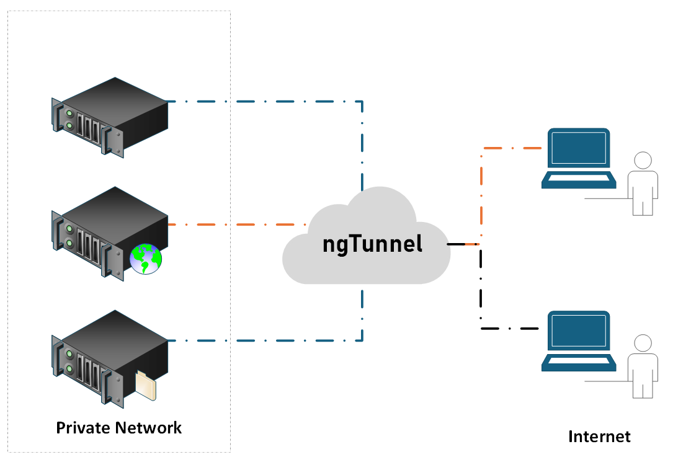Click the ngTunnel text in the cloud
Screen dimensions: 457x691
(372, 243)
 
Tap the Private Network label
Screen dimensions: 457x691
(119, 427)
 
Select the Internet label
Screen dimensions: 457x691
(599, 437)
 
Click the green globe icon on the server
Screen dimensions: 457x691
(146, 259)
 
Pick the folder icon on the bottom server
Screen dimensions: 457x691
(146, 385)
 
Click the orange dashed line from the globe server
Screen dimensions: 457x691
(236, 224)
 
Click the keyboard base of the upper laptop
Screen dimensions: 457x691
(579, 180)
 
